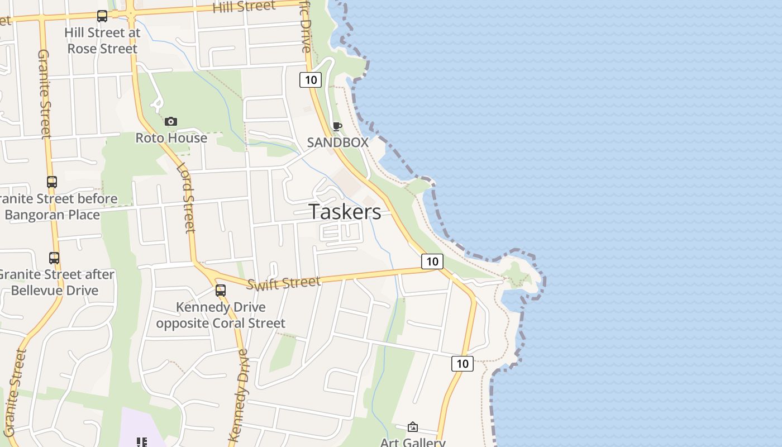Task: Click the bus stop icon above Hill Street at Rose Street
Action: pos(102,16)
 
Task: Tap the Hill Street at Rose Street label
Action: pos(102,41)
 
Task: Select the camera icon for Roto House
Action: pos(171,121)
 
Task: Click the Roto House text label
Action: pos(171,138)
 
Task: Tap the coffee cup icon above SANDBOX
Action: pos(337,127)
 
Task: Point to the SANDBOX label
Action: pos(337,142)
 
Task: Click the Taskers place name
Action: pos(345,212)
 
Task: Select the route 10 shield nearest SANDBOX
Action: pos(311,80)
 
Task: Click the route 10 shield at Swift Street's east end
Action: pos(432,261)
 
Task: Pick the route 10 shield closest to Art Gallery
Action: pos(462,364)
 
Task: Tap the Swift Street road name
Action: pos(284,283)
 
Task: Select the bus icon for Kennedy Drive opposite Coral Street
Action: pos(221,291)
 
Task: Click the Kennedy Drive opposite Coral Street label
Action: pos(221,315)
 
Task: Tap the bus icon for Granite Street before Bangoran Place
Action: pos(52,182)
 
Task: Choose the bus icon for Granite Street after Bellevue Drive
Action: pos(54,258)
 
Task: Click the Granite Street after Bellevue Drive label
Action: pos(56,283)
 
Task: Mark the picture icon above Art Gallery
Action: pos(413,427)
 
